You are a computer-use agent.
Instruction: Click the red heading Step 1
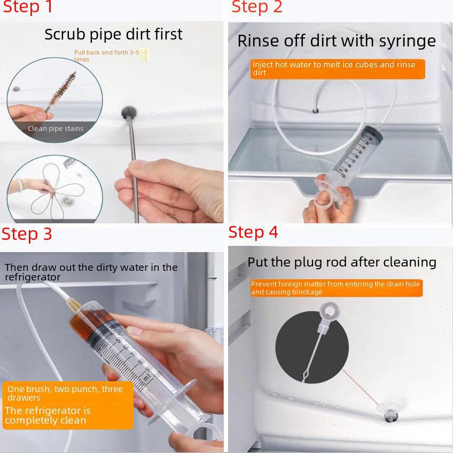click(27, 6)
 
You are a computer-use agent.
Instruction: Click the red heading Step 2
click(257, 6)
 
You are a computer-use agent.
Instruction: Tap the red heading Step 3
click(27, 234)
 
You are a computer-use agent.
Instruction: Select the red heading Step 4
click(253, 232)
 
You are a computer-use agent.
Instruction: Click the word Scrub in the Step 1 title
click(65, 35)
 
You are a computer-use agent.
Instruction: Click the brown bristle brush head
click(63, 88)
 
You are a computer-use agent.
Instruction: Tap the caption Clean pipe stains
click(56, 128)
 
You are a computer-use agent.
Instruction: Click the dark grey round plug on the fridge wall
click(129, 112)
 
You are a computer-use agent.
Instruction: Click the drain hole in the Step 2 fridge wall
click(316, 111)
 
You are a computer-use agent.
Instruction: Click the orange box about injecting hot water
click(338, 69)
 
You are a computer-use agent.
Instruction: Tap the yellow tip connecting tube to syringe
click(72, 304)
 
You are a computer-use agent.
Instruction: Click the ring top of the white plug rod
click(329, 311)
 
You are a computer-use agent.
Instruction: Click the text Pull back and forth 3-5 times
click(107, 56)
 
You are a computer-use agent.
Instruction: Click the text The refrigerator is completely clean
click(48, 415)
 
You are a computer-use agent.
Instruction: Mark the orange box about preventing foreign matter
click(337, 288)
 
